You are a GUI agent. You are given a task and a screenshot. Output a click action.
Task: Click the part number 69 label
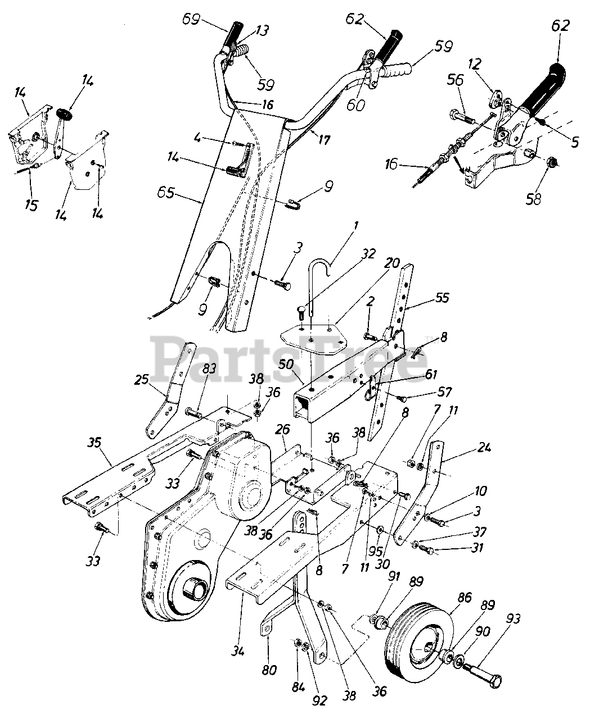191,19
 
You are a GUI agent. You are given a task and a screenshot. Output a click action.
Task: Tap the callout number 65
166,193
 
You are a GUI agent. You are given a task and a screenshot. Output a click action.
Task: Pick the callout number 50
286,364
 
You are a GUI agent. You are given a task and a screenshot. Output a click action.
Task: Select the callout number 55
442,297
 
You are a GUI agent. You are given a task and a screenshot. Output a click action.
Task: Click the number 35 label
94,443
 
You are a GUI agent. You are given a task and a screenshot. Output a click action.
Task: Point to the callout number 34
238,651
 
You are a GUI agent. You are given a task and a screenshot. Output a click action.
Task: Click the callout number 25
141,379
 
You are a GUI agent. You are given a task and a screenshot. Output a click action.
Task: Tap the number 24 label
484,447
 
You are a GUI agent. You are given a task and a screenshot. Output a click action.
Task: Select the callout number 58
534,199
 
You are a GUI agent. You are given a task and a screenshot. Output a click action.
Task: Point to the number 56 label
456,80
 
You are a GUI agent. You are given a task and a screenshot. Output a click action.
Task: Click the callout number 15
31,205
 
